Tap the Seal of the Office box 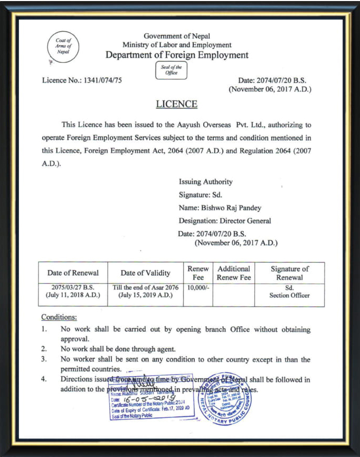coord(172,70)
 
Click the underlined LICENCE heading coord(176,104)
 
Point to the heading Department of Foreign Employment coord(177,55)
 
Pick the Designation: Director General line coord(225,220)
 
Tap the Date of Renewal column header coord(73,273)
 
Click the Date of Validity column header coord(145,273)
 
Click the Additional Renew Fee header coord(234,273)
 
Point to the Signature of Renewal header coord(289,273)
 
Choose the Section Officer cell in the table coord(289,295)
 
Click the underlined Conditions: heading coord(59,317)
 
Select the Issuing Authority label coord(205,182)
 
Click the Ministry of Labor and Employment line coord(177,45)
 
